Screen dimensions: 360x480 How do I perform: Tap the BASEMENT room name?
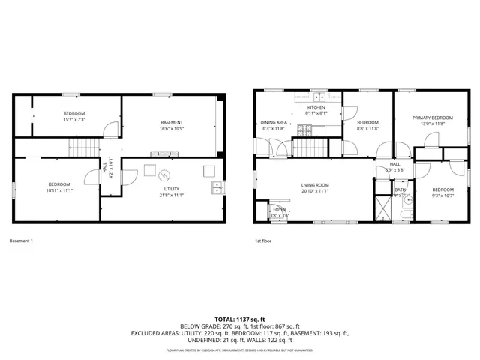pos(172,122)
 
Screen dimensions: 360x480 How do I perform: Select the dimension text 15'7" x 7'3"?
pos(73,119)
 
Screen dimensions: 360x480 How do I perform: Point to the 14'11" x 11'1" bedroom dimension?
pos(60,190)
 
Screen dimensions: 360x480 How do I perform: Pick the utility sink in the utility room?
pos(215,187)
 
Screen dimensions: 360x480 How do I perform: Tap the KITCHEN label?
pos(316,108)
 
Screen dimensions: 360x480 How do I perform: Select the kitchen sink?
pos(320,96)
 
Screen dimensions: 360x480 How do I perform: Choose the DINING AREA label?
pos(274,122)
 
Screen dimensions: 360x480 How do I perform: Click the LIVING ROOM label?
pos(316,184)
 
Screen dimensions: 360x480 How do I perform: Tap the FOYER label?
pos(279,210)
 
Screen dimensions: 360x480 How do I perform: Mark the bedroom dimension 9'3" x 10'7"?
pos(442,196)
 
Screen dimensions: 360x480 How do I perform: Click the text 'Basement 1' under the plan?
pos(21,241)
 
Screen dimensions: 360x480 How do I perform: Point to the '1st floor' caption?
pos(263,241)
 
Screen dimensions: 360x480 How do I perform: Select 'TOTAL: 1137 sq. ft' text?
pos(240,318)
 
